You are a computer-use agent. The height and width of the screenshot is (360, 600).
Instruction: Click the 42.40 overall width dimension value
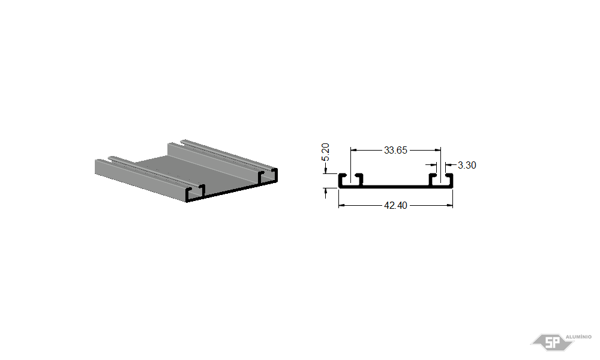[395, 205]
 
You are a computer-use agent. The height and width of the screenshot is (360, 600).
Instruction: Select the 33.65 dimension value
[395, 150]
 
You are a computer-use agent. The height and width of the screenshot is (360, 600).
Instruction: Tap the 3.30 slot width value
[467, 165]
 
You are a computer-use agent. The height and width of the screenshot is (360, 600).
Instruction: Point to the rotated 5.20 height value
[325, 152]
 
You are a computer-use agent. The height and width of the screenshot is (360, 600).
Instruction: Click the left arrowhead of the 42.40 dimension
[341, 205]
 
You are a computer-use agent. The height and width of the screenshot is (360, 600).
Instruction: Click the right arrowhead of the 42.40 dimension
[450, 205]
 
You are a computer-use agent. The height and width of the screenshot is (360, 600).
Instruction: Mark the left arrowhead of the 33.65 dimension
[353, 150]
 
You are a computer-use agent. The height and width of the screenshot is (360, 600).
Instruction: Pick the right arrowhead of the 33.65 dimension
[438, 150]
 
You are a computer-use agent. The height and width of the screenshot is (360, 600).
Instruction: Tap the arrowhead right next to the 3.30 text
[448, 165]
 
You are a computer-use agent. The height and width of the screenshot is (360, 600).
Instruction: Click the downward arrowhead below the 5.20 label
[326, 170]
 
